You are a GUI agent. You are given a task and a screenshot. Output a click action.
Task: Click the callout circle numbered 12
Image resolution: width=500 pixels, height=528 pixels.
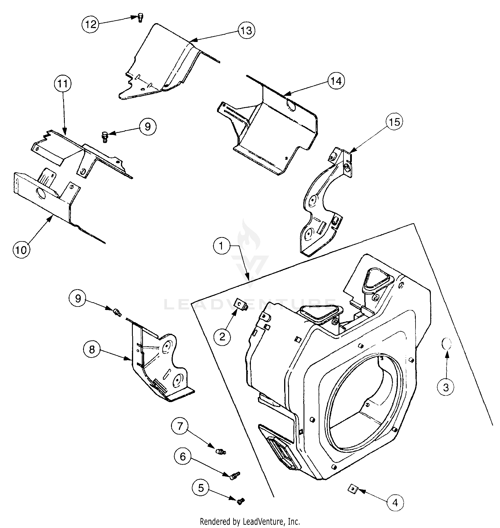coord(90,24)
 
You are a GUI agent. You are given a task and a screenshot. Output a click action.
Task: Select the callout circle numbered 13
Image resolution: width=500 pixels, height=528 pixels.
coord(247,30)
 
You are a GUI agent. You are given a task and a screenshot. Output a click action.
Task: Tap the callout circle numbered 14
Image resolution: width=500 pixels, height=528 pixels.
coord(336,81)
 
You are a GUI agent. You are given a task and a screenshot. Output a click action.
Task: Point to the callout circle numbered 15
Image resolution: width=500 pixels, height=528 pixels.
coord(395,122)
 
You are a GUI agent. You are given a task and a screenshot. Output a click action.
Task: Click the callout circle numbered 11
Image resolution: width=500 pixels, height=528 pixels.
coord(63,84)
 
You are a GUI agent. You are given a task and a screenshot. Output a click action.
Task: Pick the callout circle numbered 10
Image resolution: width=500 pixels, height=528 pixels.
coord(21,249)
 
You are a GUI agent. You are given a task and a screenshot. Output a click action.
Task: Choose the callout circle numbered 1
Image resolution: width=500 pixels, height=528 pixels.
coord(221,246)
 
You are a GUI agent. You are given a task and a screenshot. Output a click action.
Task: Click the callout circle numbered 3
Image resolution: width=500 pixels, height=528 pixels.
coord(446,387)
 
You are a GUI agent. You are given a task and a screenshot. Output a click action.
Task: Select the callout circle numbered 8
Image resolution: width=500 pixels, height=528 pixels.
coord(92,350)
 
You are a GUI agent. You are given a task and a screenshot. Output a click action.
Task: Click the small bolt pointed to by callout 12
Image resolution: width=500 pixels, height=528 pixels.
coord(140,18)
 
